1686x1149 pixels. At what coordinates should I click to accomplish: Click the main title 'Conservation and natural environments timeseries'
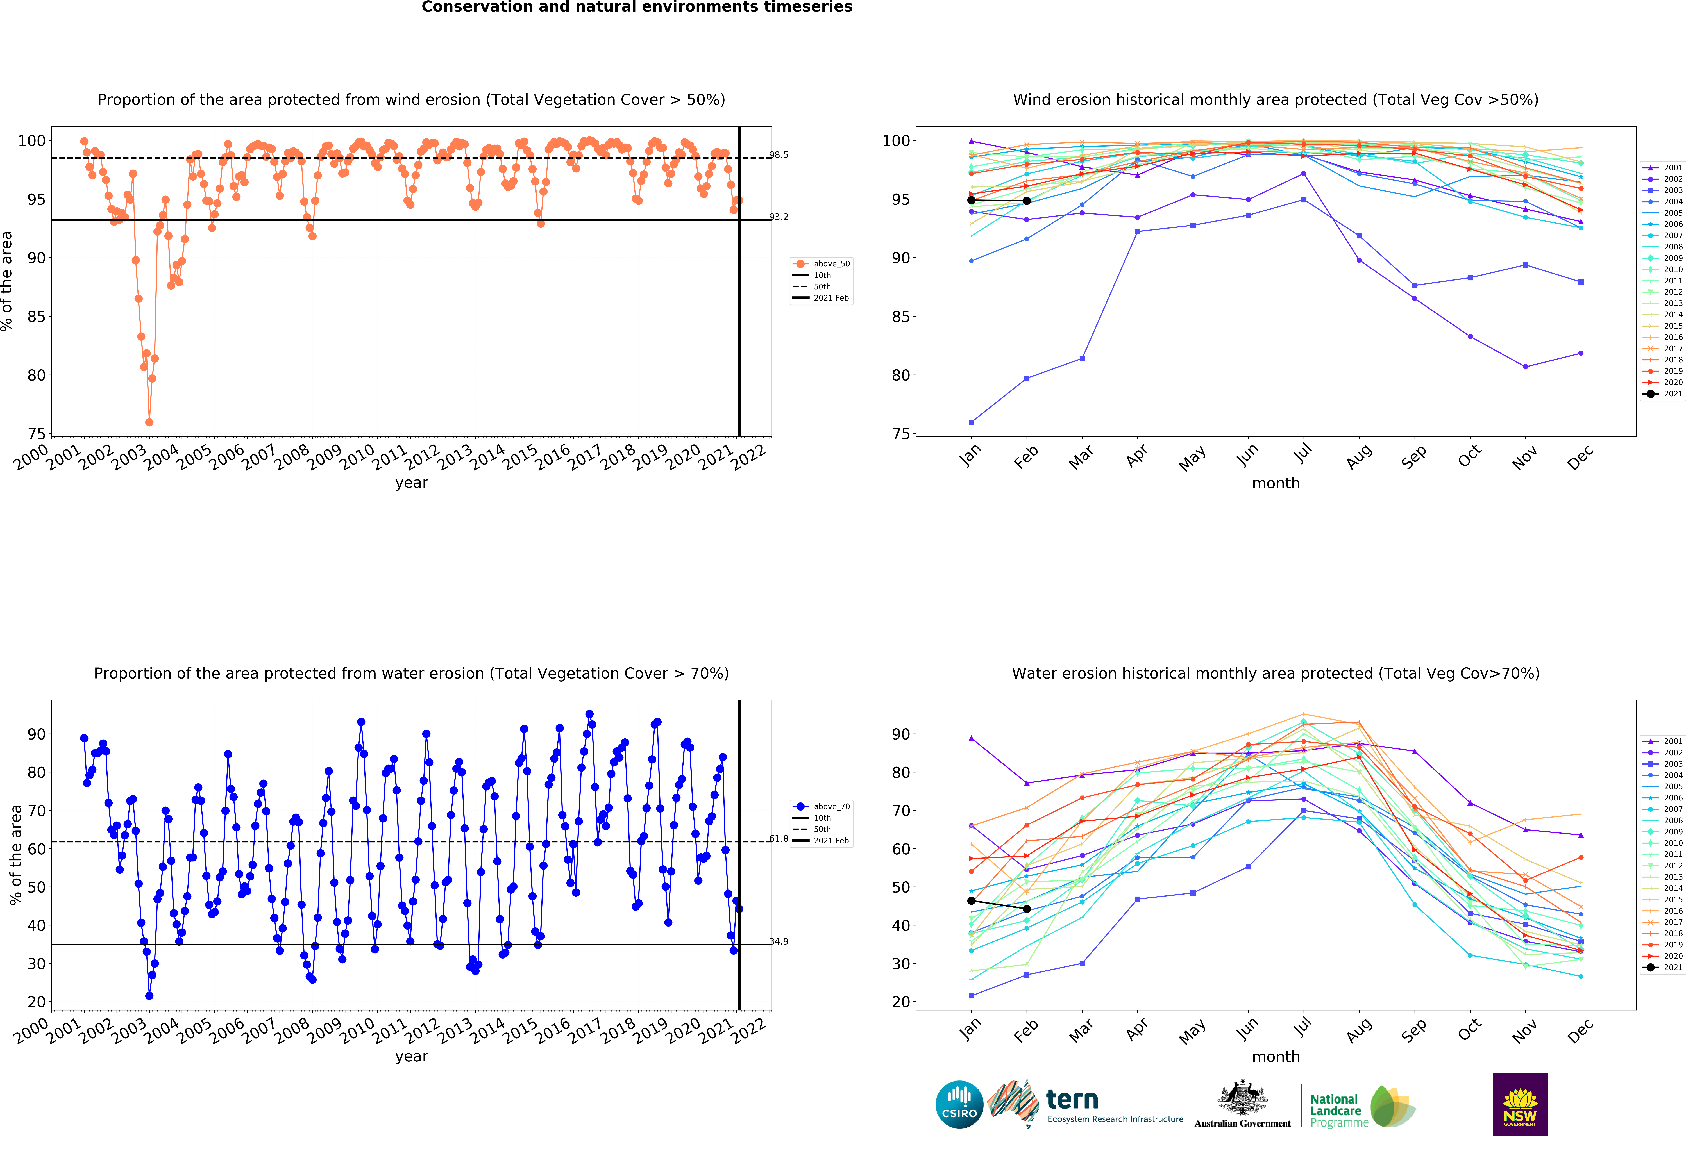tap(637, 7)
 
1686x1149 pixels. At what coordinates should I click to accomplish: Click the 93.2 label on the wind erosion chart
tap(779, 217)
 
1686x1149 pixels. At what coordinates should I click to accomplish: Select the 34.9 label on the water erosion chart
tap(779, 941)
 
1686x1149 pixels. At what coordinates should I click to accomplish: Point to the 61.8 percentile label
tap(779, 839)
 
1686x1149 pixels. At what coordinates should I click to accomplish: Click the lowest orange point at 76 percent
tap(149, 422)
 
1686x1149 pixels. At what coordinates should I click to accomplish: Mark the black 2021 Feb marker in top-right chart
tap(1027, 201)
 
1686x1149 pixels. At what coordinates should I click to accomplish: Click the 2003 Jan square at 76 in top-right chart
tap(971, 422)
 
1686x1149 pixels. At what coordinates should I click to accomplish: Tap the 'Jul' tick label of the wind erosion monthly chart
tap(1303, 453)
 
